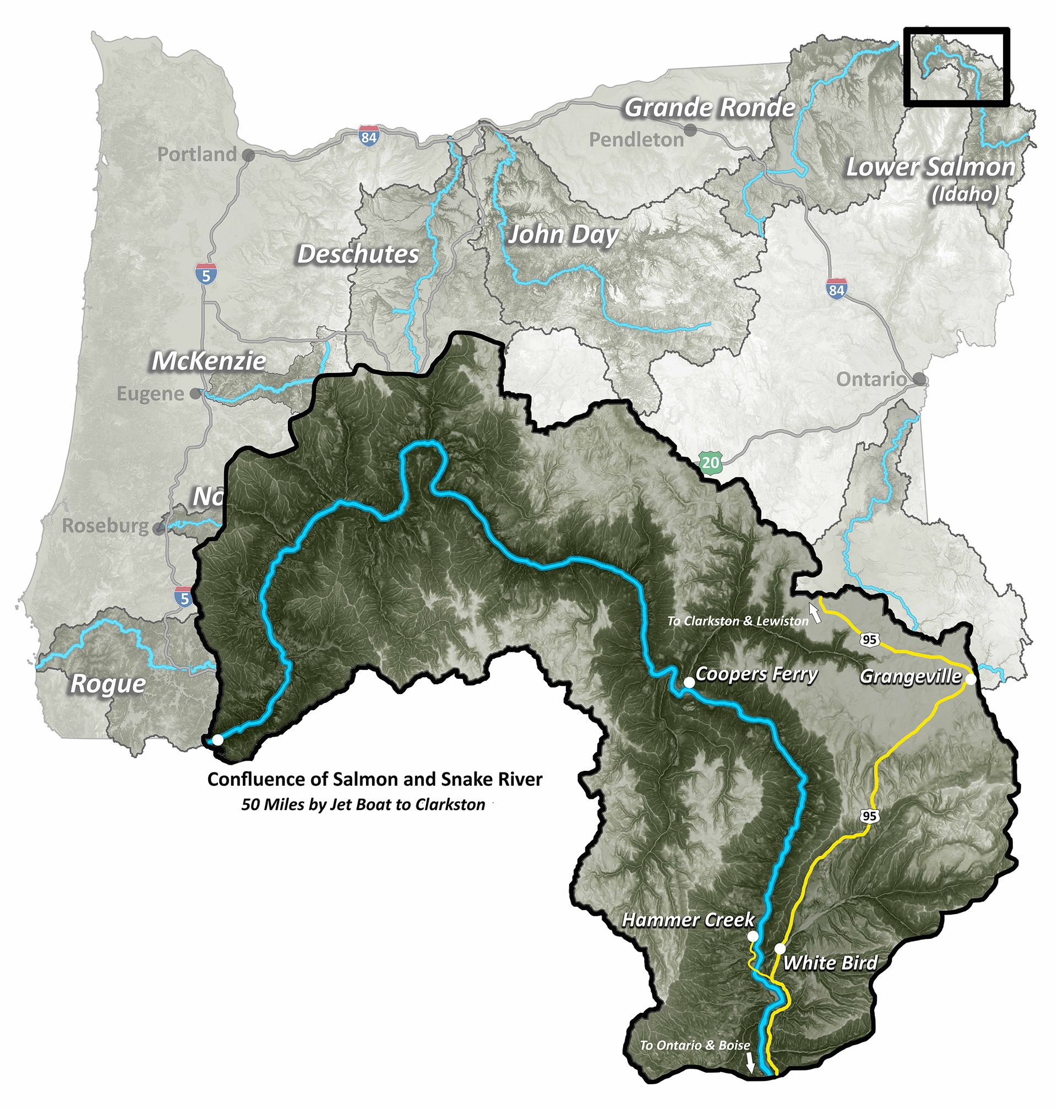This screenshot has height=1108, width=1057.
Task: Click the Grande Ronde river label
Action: [710, 107]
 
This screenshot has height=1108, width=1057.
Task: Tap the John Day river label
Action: [563, 235]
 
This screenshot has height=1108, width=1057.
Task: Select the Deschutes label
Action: [358, 255]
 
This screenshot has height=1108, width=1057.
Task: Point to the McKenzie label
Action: [209, 361]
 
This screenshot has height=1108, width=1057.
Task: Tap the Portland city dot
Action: [248, 154]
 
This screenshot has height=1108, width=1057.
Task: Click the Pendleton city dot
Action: [690, 129]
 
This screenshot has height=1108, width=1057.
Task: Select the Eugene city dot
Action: [195, 393]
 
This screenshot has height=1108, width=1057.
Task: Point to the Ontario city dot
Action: [919, 378]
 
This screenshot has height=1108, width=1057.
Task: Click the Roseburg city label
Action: [105, 526]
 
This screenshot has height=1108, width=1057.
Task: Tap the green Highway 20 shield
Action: [711, 463]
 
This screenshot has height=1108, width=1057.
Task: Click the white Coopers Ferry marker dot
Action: [689, 682]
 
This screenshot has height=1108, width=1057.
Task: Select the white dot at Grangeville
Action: [971, 679]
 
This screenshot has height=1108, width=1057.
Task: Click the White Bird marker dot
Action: [780, 948]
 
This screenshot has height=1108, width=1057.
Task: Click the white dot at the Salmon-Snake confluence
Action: [217, 740]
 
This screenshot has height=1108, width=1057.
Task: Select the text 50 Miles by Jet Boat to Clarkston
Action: [363, 804]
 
